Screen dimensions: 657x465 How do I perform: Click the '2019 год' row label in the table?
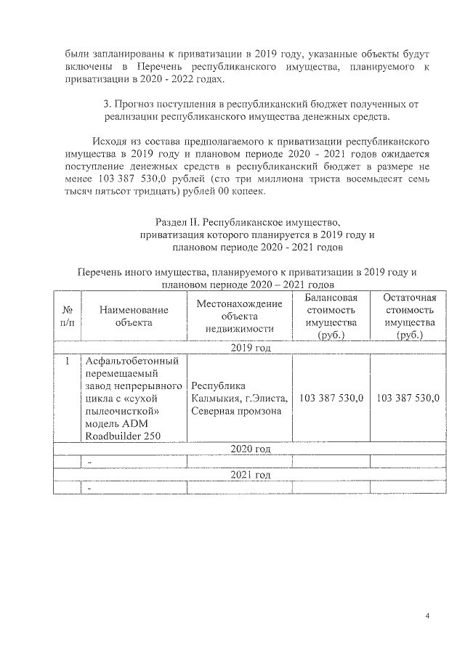(x=251, y=348)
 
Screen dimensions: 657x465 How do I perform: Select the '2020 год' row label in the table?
(x=251, y=449)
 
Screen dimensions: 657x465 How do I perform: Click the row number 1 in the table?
(x=68, y=361)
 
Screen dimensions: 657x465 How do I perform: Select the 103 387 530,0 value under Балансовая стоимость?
(x=331, y=398)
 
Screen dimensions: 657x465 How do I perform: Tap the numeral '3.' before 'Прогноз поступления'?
(x=109, y=105)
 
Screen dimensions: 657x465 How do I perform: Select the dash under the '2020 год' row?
(x=89, y=462)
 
